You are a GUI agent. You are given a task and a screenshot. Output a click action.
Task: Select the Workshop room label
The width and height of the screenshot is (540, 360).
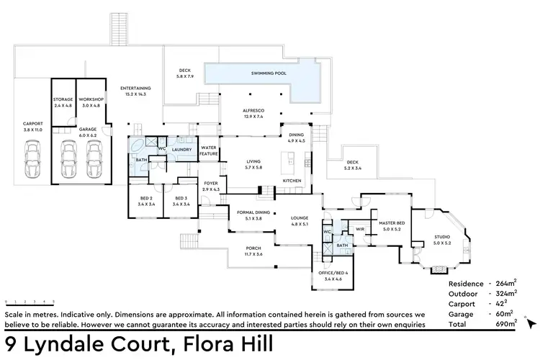(91, 101)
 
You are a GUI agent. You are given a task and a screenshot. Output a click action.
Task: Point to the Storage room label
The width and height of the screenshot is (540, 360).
(63, 101)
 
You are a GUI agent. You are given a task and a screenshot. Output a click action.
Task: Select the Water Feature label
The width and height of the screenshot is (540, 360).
(209, 150)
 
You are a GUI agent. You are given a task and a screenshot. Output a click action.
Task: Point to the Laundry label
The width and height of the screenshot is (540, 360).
(181, 150)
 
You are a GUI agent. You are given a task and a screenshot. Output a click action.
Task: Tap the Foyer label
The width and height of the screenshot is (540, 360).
(211, 185)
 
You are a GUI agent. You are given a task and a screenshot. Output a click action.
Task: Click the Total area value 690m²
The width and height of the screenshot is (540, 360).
(506, 324)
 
